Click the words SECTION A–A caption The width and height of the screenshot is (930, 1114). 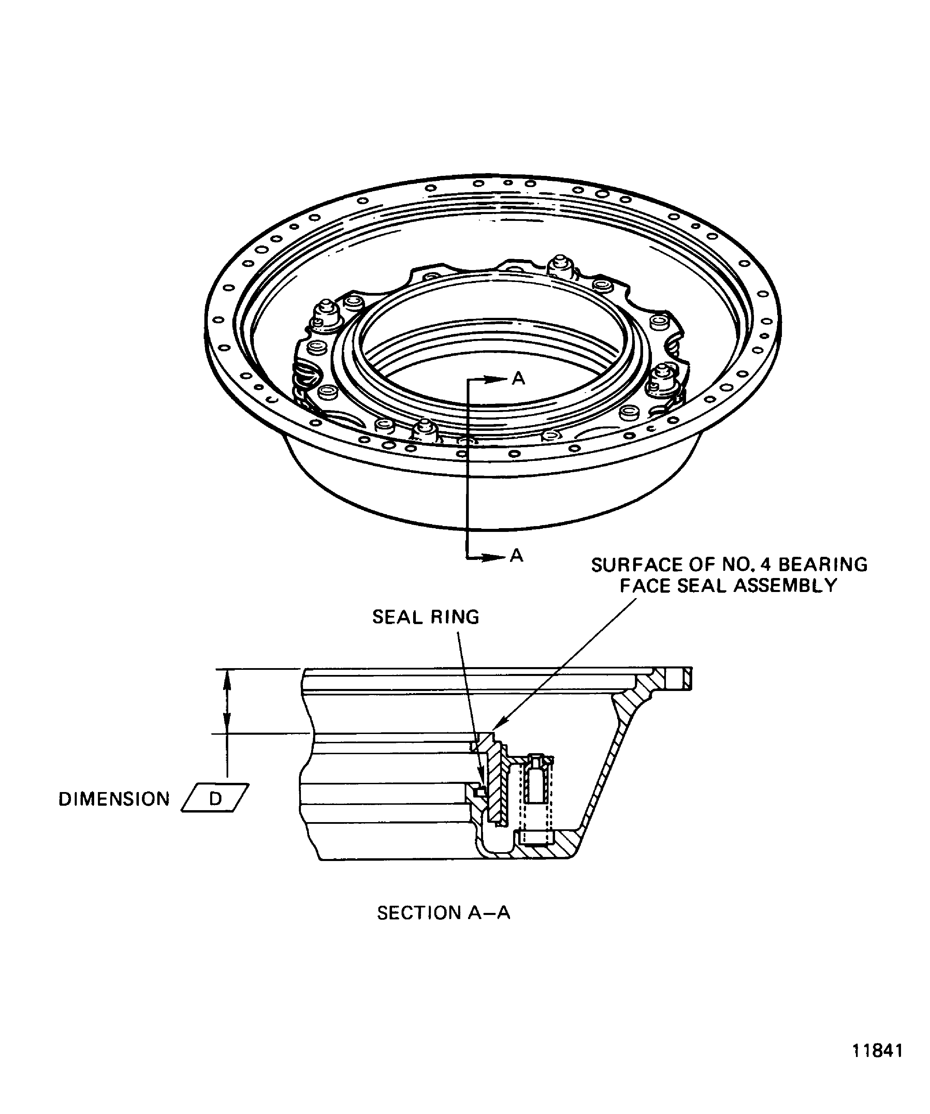coord(443,913)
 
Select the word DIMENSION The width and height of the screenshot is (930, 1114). coord(114,799)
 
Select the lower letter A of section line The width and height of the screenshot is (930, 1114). coord(517,555)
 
